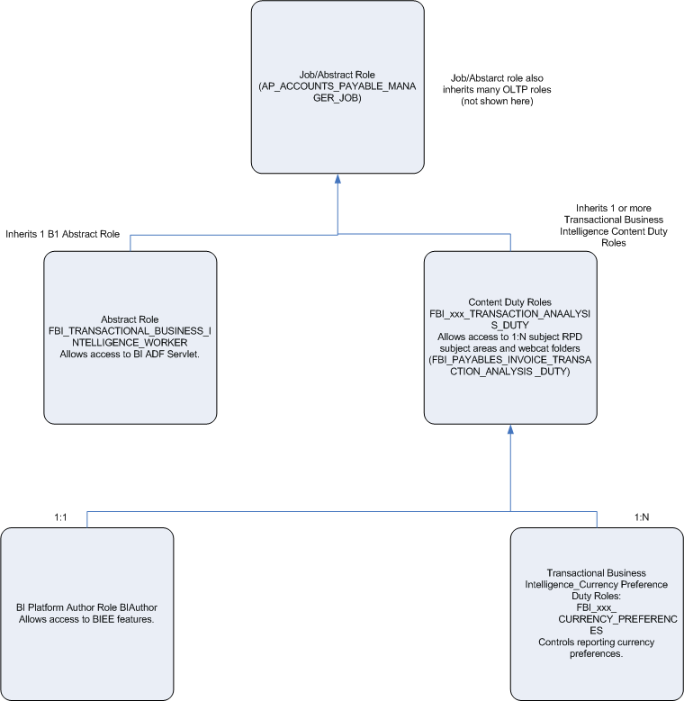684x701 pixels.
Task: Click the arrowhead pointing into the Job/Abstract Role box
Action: click(337, 180)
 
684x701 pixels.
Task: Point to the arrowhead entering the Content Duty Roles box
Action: click(510, 429)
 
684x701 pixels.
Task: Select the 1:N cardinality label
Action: click(642, 517)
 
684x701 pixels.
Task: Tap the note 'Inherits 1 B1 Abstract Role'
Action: click(63, 234)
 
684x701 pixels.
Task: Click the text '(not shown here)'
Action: click(497, 102)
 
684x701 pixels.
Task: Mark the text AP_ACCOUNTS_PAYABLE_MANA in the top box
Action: click(337, 87)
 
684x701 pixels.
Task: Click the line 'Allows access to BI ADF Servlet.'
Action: click(130, 355)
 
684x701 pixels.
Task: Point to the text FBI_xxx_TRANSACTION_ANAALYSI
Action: click(510, 314)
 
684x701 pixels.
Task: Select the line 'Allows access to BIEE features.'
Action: click(86, 619)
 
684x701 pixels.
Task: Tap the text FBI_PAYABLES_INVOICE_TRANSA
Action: click(510, 359)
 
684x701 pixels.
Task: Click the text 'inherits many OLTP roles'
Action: click(497, 90)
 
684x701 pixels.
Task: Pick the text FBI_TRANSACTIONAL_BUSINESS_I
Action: click(130, 332)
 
